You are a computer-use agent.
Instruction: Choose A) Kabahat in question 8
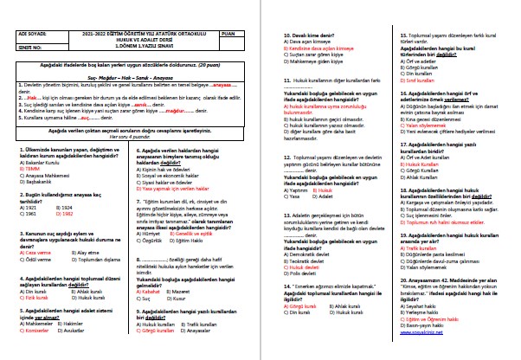(x=151, y=292)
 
